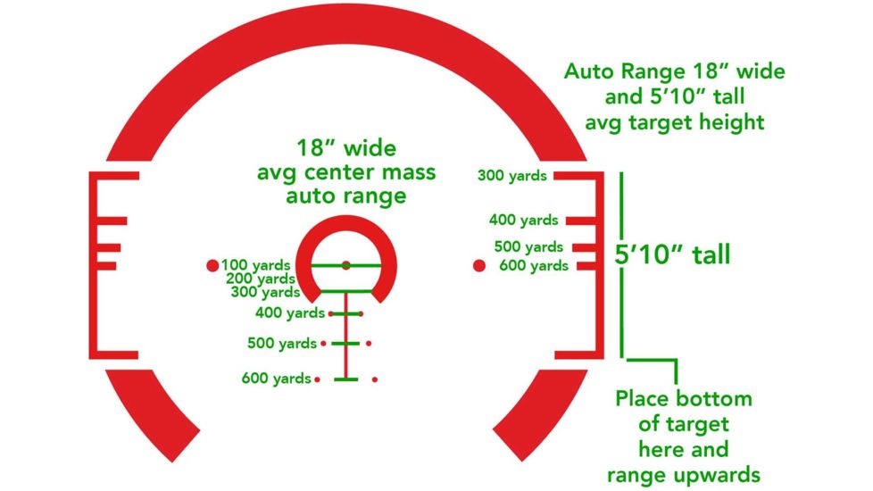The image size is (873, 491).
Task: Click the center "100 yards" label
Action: pyautogui.click(x=256, y=265)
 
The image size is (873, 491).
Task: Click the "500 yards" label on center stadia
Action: pyautogui.click(x=282, y=343)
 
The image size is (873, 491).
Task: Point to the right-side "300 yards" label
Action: pyautogui.click(x=511, y=176)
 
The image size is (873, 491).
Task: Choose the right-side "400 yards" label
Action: pyautogui.click(x=524, y=220)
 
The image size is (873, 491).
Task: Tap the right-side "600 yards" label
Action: pyautogui.click(x=534, y=265)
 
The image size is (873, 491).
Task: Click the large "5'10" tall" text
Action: pyautogui.click(x=673, y=255)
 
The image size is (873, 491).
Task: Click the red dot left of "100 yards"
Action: pyautogui.click(x=212, y=265)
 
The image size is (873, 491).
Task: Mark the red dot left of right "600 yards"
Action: pyautogui.click(x=478, y=265)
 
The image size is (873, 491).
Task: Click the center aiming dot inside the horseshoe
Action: pyautogui.click(x=346, y=265)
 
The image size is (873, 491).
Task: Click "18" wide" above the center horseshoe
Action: pyautogui.click(x=345, y=147)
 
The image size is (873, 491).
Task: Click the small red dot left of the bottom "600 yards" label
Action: pyautogui.click(x=318, y=379)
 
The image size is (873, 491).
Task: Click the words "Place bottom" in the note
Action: pyautogui.click(x=684, y=398)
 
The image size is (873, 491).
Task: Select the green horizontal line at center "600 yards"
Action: pyautogui.click(x=346, y=379)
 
